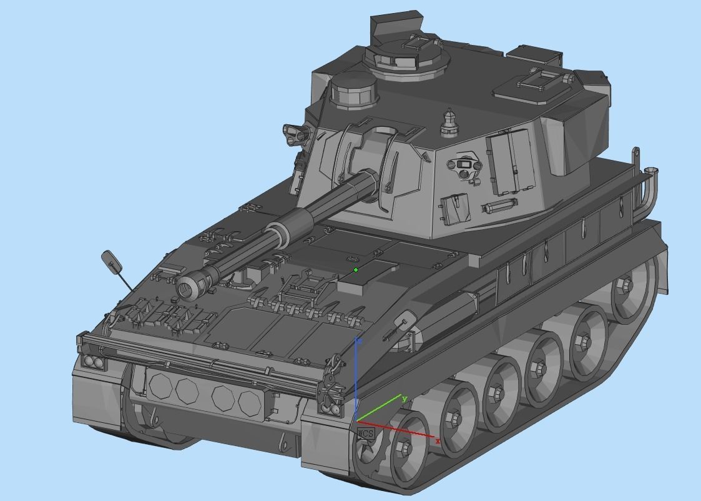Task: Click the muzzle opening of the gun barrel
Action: coord(186,288)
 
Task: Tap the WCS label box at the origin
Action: coord(366,433)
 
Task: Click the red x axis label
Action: coord(438,441)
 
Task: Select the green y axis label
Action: coord(404,399)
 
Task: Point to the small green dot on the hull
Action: coord(356,270)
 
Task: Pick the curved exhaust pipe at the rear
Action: coord(647,187)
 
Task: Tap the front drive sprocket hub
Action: coord(404,448)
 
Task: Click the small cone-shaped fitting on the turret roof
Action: coord(449,122)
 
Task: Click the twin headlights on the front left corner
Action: coord(92,361)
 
